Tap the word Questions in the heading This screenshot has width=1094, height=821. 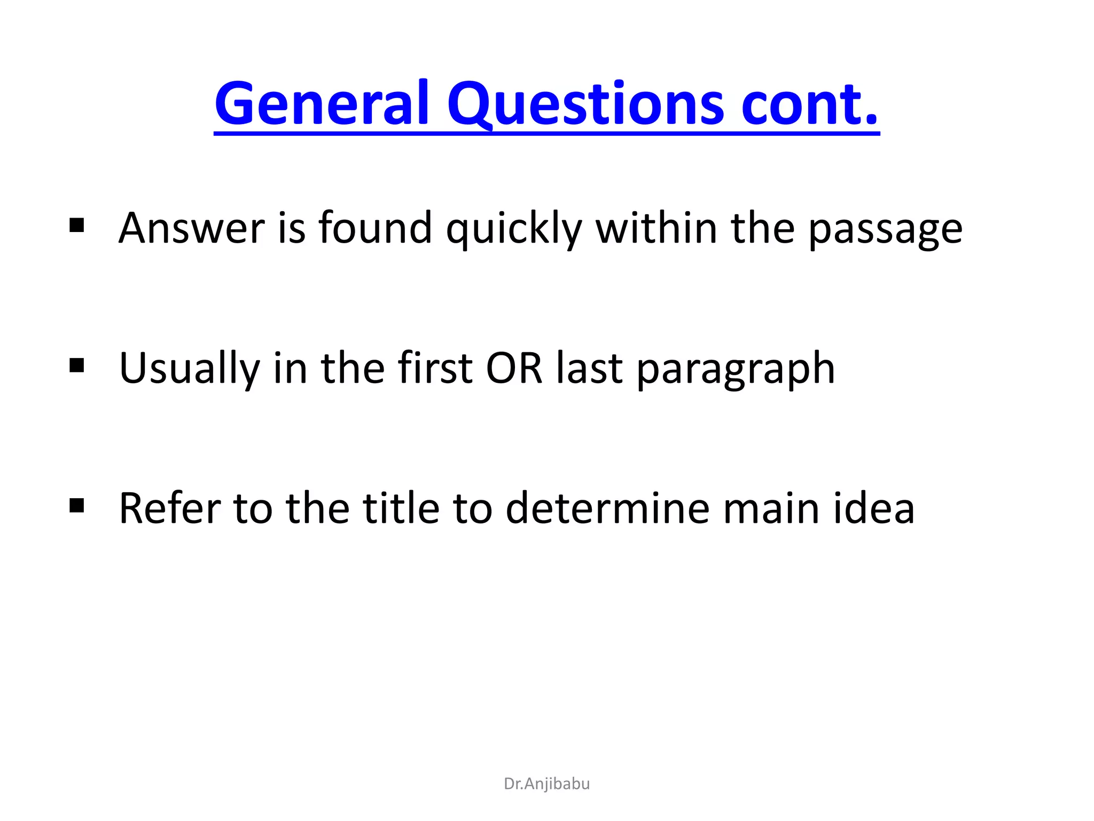(586, 104)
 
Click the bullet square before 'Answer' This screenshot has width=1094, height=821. (77, 226)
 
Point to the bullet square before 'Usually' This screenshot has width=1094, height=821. (77, 366)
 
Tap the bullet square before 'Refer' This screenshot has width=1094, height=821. (77, 505)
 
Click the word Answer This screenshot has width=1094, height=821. (192, 228)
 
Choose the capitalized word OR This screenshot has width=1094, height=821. (514, 368)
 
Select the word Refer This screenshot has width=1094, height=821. (170, 508)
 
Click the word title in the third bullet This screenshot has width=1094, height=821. (401, 508)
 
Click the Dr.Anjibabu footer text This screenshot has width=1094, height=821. (546, 784)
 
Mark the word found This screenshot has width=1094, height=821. (375, 228)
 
